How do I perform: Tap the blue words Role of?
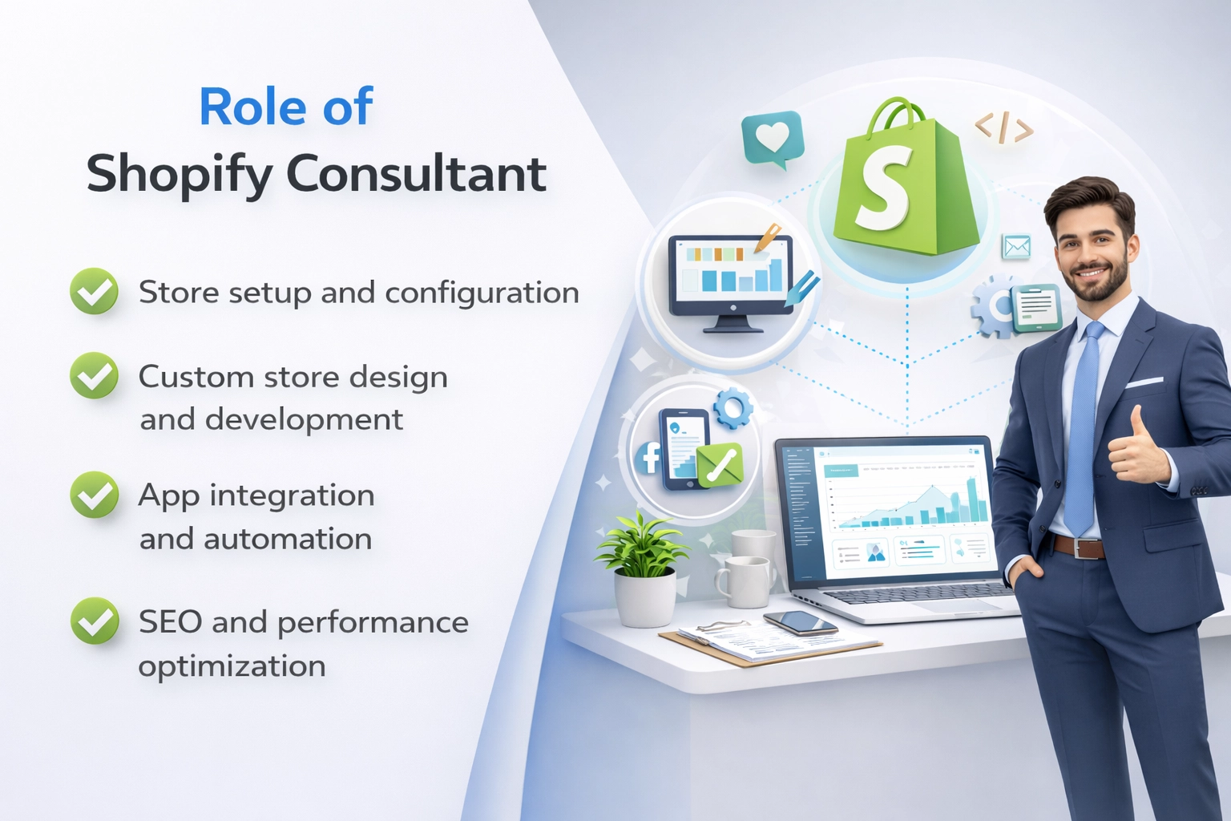[285, 107]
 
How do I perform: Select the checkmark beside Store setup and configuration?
[95, 291]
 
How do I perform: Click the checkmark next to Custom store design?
[95, 375]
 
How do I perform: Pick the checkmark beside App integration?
[95, 494]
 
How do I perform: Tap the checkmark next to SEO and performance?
[95, 621]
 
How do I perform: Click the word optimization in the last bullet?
[232, 665]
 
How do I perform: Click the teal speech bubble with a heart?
[772, 138]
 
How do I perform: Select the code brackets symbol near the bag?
[1003, 128]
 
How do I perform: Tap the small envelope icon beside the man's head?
[1016, 247]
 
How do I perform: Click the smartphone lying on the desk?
[800, 622]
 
